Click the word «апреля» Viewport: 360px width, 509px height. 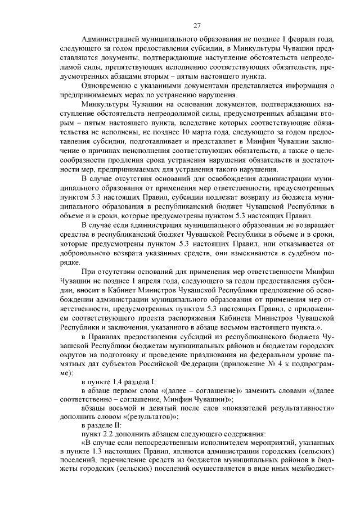pyautogui.click(x=151, y=283)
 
